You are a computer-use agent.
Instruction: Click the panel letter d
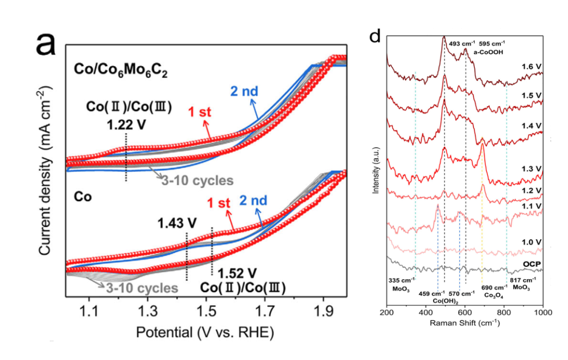375,36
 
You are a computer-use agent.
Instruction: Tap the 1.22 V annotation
126,126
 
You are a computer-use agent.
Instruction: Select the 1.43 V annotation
177,223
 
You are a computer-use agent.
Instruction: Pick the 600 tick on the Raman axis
465,313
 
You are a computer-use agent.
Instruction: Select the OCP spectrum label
533,263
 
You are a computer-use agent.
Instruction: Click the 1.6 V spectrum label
532,67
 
